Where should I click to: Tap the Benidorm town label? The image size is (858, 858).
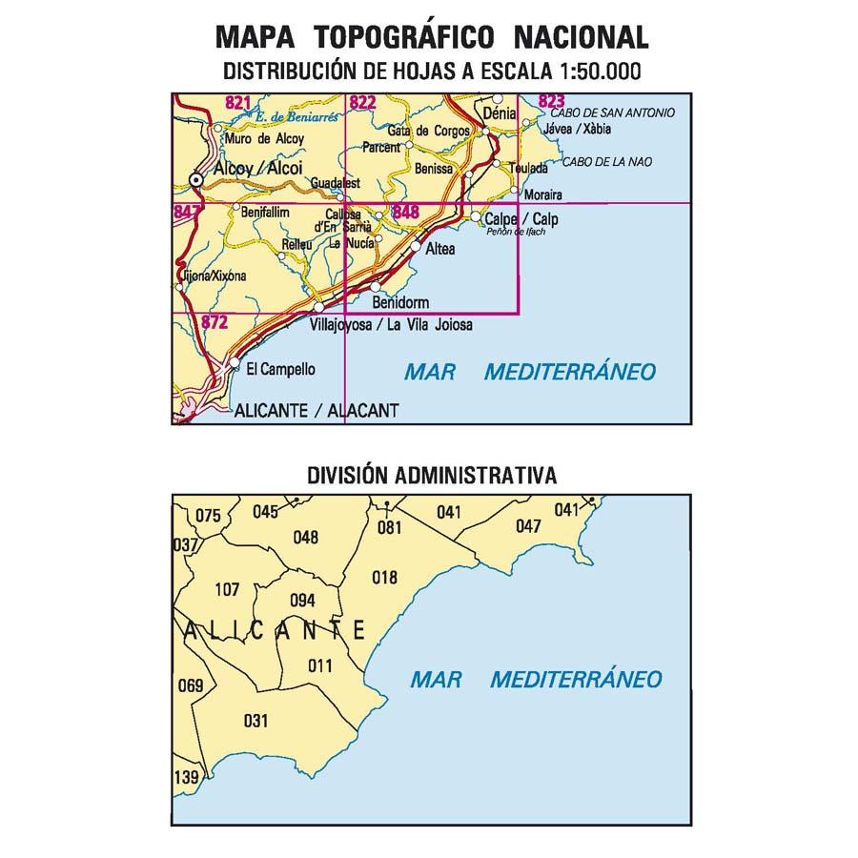pos(401,303)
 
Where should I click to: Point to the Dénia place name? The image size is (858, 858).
pos(500,113)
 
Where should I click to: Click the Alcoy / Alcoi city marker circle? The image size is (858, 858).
pos(197,179)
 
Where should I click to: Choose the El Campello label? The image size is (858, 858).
pos(280,370)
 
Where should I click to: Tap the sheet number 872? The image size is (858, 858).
pos(214,323)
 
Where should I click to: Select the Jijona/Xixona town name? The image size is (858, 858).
pos(213,277)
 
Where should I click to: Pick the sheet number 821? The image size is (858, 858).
pos(238,102)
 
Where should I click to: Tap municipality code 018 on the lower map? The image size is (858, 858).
pos(384,577)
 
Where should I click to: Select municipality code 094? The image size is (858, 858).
pos(302,600)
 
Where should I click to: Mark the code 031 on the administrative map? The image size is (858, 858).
pos(256,721)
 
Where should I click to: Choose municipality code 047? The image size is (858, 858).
pos(527,526)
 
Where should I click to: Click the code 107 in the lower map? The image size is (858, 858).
pos(227,590)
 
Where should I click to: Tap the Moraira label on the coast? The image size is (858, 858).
pos(543,196)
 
